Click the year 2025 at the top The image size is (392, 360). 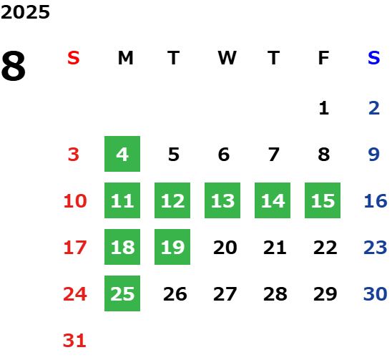point(25,12)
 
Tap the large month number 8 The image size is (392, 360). point(14,66)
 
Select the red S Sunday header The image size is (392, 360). point(74,58)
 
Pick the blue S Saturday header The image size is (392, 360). point(373,58)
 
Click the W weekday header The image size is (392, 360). point(227,58)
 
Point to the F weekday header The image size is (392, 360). point(323,58)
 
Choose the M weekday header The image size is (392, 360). point(125,58)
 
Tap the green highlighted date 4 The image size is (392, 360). point(122,154)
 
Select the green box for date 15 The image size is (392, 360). point(323,200)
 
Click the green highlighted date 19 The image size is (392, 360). point(172,247)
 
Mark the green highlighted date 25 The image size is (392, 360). point(122,293)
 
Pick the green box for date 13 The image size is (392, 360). point(222,200)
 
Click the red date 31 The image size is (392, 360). point(74,341)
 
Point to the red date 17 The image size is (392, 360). point(75,248)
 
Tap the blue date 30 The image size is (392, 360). point(375,294)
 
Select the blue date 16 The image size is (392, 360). point(376,201)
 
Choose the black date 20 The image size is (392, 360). point(225,248)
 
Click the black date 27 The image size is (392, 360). point(225,294)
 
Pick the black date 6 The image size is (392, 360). point(224,155)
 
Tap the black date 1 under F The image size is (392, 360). point(324,108)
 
